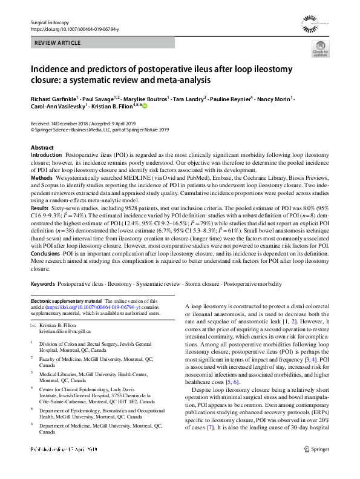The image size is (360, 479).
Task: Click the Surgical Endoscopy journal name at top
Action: click(50, 22)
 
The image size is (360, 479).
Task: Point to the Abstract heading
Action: click(42, 148)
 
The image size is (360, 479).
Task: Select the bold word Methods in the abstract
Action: click(41, 179)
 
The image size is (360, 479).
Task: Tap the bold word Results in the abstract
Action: click(41, 208)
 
